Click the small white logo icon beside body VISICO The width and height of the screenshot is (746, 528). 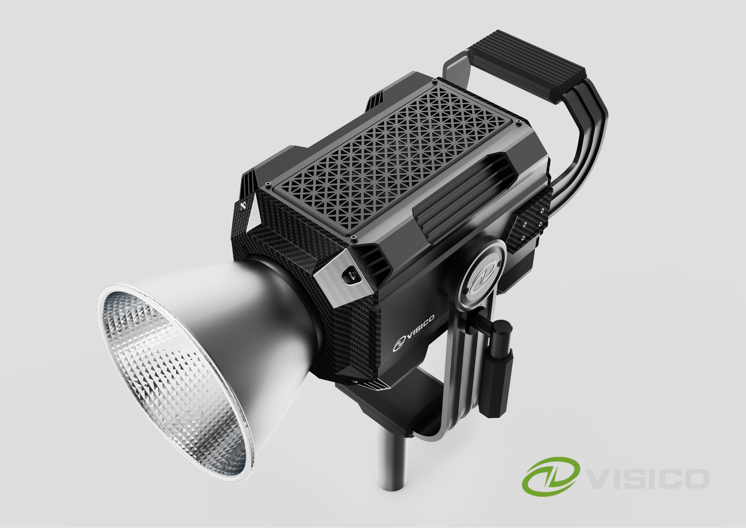pyautogui.click(x=398, y=345)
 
